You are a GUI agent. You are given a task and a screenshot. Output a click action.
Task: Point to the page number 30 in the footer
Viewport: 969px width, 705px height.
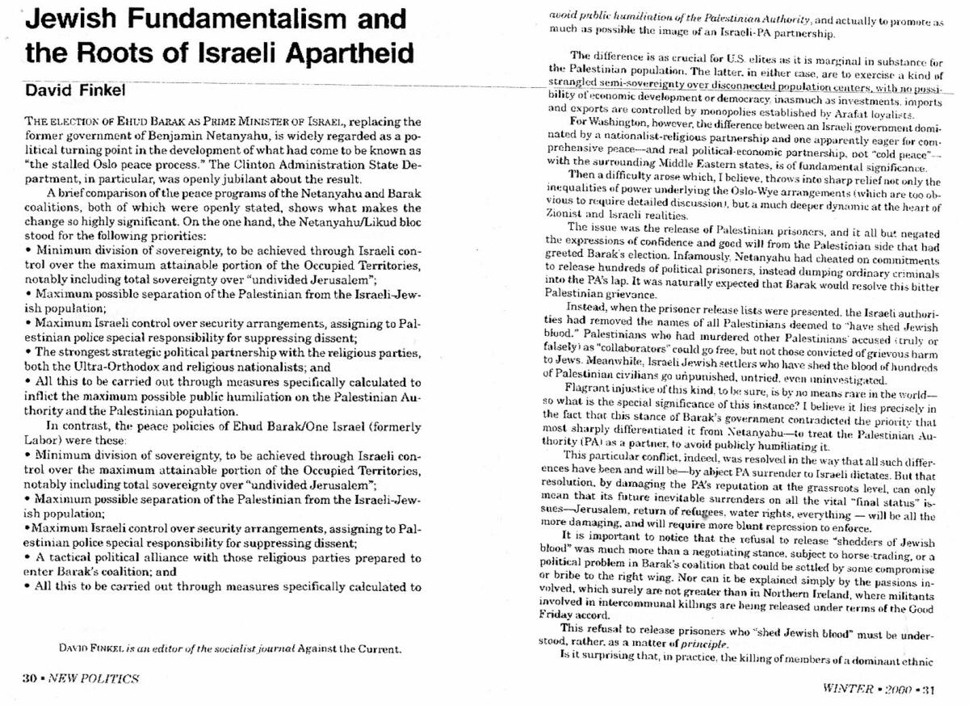click(30, 678)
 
